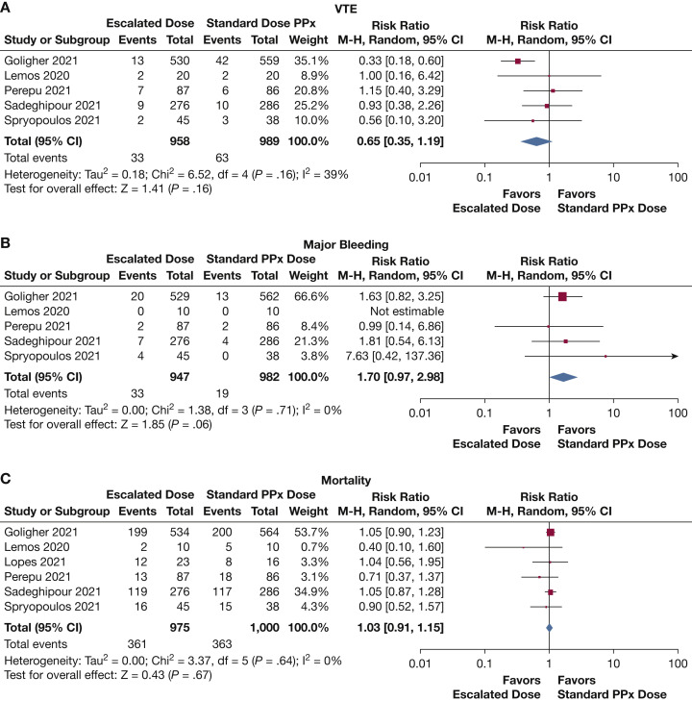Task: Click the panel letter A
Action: (8, 8)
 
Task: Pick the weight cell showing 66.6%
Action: (322, 294)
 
